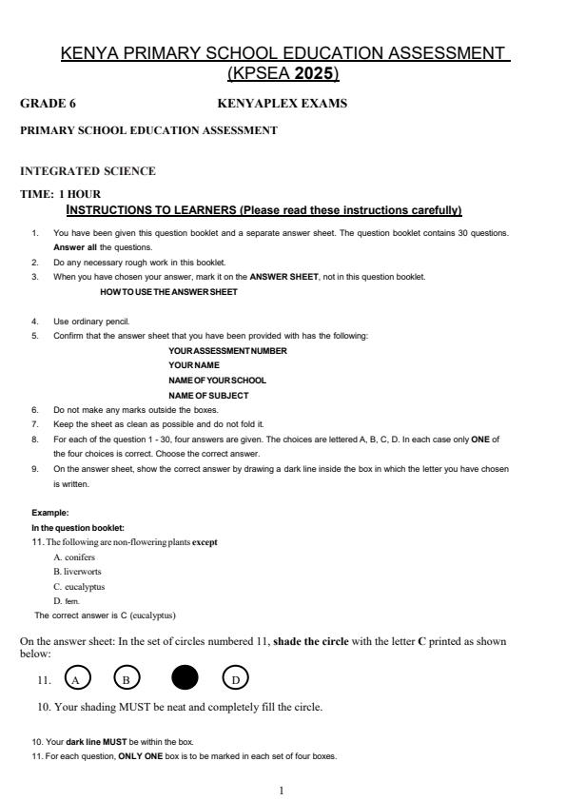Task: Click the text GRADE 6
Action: click(42, 103)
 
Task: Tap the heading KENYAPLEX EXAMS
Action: click(283, 103)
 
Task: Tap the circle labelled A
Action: click(78, 678)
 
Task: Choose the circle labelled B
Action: click(127, 678)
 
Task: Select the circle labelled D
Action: click(235, 678)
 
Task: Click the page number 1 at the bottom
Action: click(283, 789)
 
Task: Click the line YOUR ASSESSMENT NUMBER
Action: click(227, 350)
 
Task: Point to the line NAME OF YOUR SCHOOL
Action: click(217, 380)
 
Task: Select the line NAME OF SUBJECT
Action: click(208, 395)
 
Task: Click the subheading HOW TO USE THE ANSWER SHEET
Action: click(168, 291)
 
